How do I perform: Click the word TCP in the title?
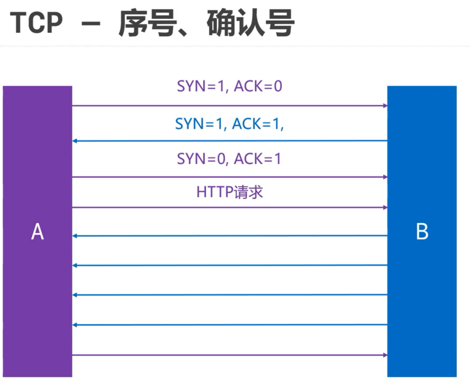[36, 22]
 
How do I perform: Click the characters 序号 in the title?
[147, 23]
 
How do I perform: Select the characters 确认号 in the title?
[251, 23]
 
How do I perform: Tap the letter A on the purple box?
[38, 231]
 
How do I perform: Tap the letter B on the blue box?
[422, 231]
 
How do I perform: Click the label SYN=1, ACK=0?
[230, 86]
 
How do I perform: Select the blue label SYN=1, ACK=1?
[230, 124]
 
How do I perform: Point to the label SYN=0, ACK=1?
[229, 158]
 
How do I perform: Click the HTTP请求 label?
[230, 192]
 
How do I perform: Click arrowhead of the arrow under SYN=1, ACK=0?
[385, 106]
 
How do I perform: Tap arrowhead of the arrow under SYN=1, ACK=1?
[75, 141]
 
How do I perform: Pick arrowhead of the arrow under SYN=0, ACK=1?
[385, 177]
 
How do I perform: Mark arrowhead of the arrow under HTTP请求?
[385, 207]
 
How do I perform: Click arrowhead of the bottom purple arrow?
[385, 355]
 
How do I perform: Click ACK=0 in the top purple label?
[258, 86]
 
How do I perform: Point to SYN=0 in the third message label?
[201, 158]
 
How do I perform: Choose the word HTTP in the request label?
[215, 192]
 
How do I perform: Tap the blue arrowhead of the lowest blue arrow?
[75, 325]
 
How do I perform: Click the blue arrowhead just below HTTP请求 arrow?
[75, 236]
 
